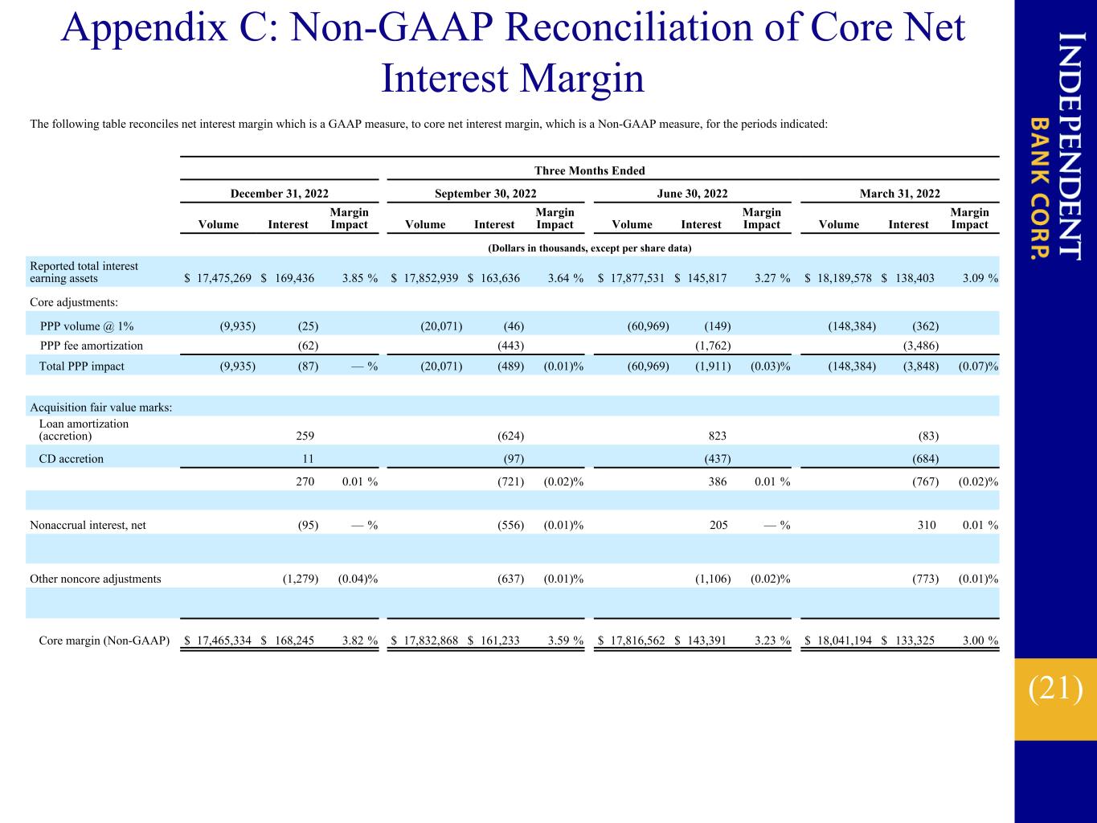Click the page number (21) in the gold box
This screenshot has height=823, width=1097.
coord(1055,689)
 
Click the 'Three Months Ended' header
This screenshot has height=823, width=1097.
coord(589,171)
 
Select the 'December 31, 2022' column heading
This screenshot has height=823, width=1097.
coord(280,194)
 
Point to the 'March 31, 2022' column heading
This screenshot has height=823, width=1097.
coord(899,194)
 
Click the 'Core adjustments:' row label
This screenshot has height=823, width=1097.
coord(74,302)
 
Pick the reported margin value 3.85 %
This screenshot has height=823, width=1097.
coord(360,278)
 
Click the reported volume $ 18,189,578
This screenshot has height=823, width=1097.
coord(838,278)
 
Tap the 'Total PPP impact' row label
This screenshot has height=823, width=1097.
coord(81,366)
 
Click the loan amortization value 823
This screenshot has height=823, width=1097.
coord(717,436)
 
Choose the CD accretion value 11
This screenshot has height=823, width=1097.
coord(308,459)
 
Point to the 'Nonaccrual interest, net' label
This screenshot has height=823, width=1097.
coord(88,525)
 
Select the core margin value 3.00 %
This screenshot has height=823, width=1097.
coord(980,641)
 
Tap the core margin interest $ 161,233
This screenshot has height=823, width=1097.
coord(493,641)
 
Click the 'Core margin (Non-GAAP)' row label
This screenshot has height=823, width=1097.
coord(104,641)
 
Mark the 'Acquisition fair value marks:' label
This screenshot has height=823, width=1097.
coord(101,407)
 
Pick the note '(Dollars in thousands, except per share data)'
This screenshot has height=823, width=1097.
coord(590,248)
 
